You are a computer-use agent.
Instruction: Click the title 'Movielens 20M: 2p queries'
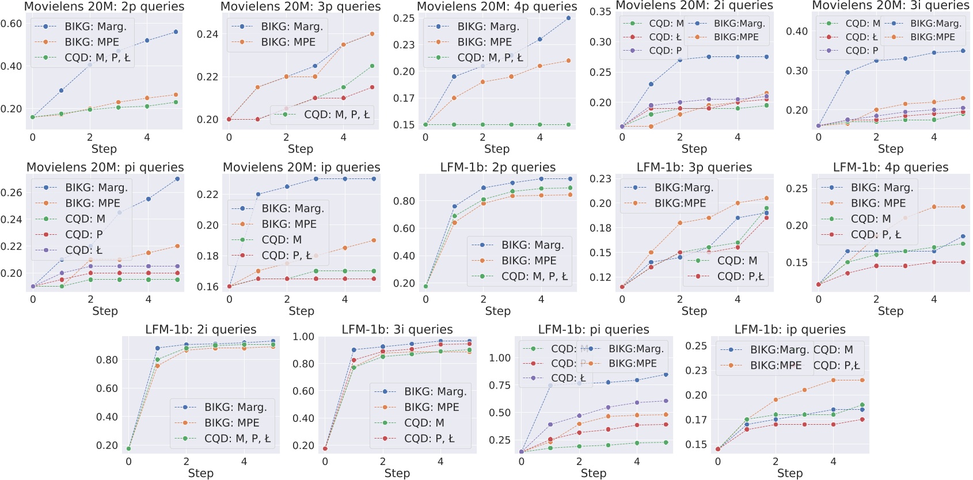104,6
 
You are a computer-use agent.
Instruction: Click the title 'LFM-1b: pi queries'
593,329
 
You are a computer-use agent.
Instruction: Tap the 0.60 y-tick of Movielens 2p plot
11,24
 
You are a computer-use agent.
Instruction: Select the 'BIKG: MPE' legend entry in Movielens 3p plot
287,42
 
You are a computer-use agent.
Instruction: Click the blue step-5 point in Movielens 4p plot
568,18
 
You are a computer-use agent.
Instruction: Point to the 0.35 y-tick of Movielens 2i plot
600,12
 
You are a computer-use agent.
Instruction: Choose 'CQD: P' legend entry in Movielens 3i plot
861,51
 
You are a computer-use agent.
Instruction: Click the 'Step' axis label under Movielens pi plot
105,311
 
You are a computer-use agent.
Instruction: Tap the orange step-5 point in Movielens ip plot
374,241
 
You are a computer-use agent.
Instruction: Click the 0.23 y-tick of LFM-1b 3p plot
600,178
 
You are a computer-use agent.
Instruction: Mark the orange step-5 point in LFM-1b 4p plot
963,207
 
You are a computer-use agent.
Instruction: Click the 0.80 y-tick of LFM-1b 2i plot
107,360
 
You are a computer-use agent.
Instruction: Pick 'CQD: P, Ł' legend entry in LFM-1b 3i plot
429,439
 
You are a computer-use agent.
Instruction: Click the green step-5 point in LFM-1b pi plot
666,443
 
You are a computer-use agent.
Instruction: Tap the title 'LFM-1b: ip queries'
789,329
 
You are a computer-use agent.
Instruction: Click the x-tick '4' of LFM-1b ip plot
833,462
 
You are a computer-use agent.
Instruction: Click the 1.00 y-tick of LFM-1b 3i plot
303,337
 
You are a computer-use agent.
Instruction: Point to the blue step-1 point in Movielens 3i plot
847,73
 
